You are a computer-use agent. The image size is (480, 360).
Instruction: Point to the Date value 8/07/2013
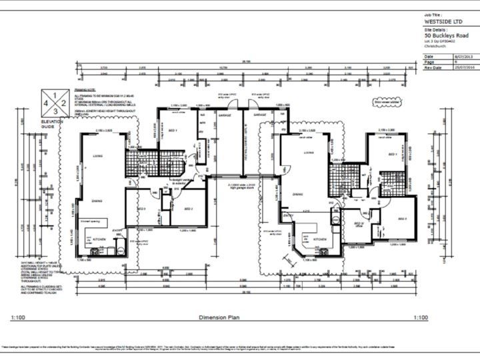463,57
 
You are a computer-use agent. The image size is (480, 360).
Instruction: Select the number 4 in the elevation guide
46,104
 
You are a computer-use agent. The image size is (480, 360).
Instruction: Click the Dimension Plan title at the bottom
219,317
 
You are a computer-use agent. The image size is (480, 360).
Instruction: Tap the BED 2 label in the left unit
189,209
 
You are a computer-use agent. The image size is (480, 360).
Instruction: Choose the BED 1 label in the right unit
391,154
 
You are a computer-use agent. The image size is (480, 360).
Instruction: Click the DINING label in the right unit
299,194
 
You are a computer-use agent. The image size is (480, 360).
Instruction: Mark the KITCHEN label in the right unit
319,239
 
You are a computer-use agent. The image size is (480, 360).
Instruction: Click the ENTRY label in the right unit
288,215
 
